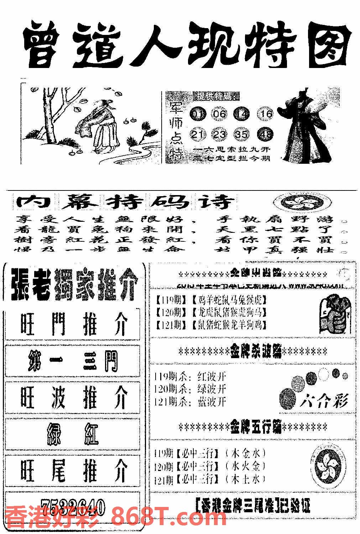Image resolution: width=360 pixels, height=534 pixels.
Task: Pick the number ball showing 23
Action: coord(219,135)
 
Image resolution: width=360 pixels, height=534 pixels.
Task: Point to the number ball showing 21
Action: coord(197,135)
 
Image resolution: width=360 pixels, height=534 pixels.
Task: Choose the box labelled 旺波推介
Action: coord(73,398)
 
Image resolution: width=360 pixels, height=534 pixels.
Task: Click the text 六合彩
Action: coord(323,401)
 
